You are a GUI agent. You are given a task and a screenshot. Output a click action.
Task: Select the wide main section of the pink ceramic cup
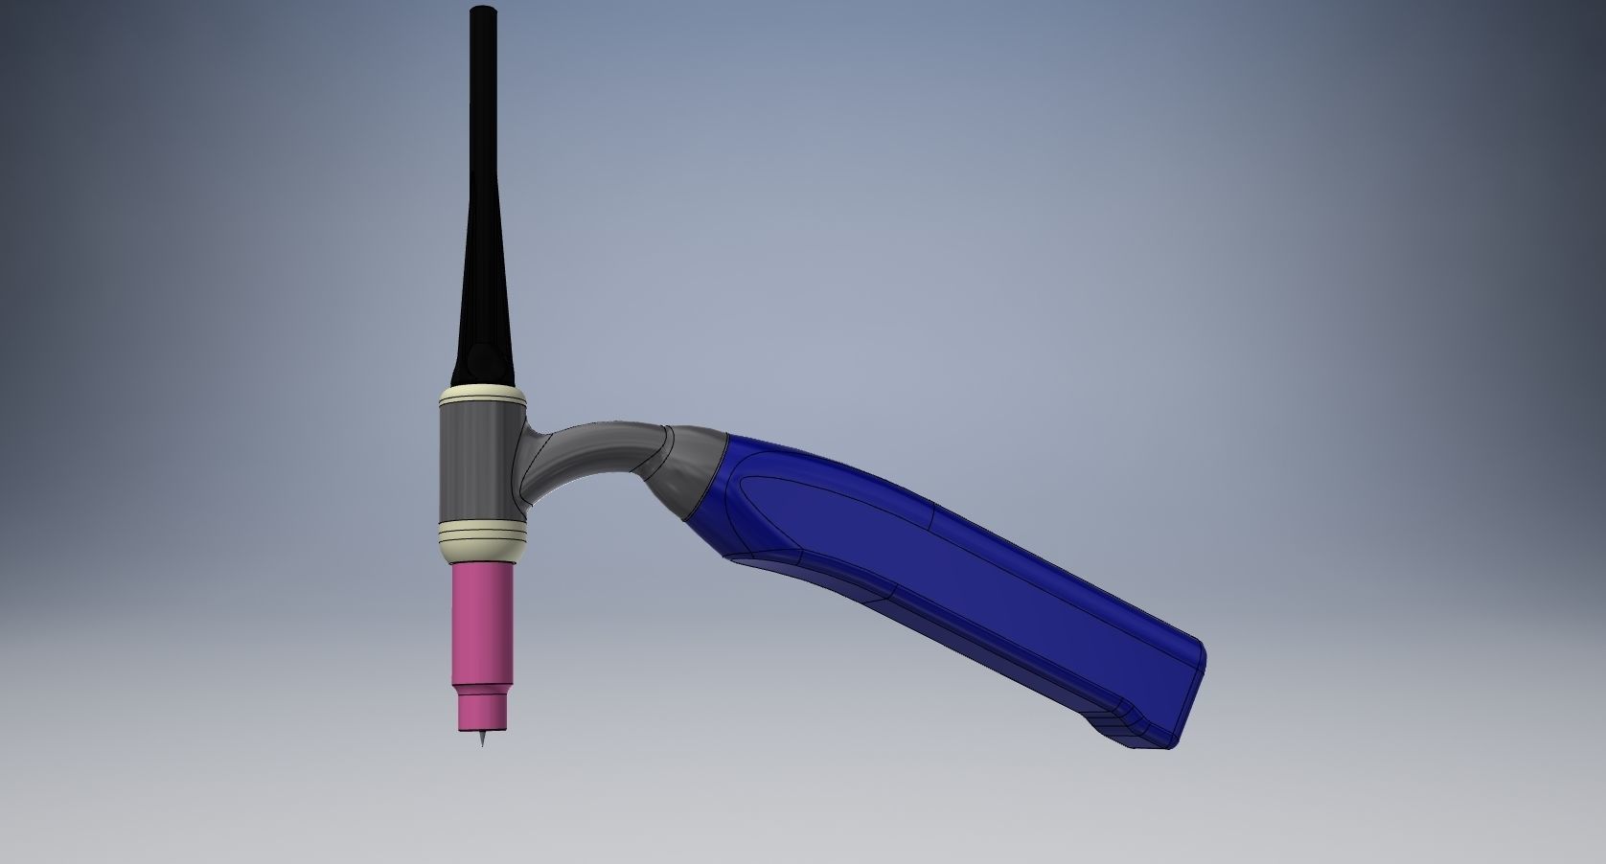[x=482, y=623]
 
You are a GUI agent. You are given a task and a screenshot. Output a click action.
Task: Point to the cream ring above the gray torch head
[x=481, y=394]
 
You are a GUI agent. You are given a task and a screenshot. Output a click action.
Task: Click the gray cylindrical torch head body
[x=476, y=460]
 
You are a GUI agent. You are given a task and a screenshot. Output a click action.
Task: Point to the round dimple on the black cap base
[x=482, y=361]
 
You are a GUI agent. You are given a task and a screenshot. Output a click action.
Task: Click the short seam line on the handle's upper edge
[x=933, y=517]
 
